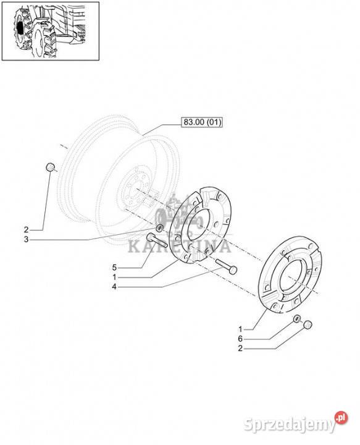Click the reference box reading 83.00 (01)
click(x=202, y=122)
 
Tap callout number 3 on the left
click(x=27, y=240)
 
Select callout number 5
click(x=114, y=268)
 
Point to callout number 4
click(x=114, y=287)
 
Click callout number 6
click(x=240, y=339)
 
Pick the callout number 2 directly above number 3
click(x=27, y=229)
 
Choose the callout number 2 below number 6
click(x=240, y=348)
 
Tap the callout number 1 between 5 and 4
click(x=114, y=277)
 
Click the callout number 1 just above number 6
click(x=240, y=329)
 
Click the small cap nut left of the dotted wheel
click(x=50, y=167)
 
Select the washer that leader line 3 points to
click(x=159, y=227)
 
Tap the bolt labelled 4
click(x=227, y=266)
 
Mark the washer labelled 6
click(x=297, y=318)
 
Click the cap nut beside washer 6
click(x=308, y=325)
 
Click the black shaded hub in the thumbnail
click(x=19, y=27)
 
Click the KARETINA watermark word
click(x=179, y=247)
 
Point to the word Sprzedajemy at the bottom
click(x=289, y=424)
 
